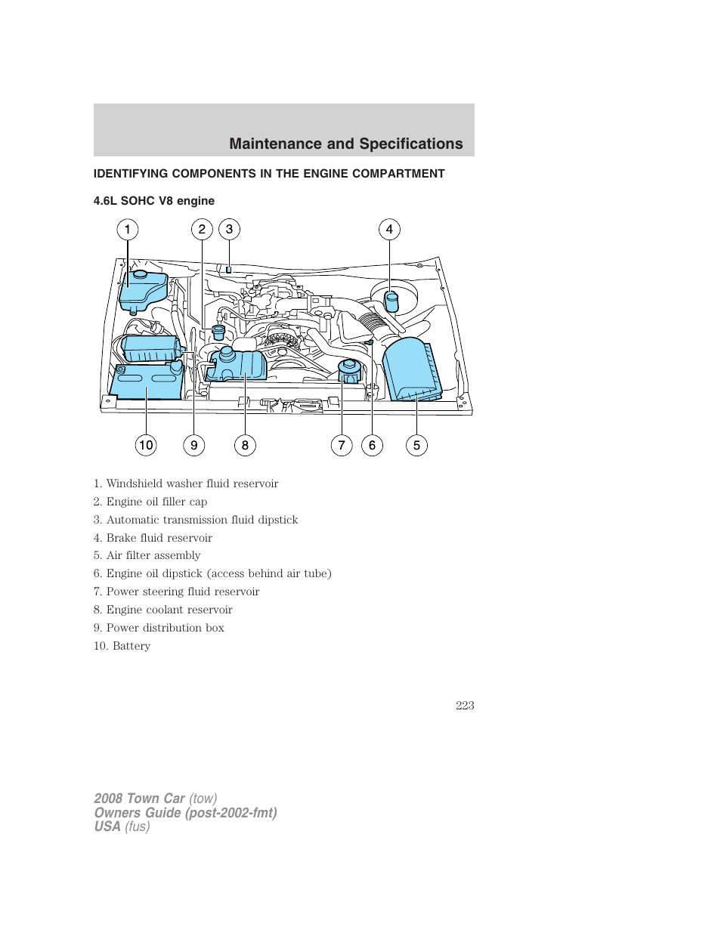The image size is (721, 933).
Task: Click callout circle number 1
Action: coord(128,230)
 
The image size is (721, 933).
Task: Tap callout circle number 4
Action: coord(389,230)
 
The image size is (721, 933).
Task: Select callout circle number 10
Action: coord(146,445)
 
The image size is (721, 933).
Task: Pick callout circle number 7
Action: coord(342,446)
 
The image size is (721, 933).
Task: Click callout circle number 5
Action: coord(416,446)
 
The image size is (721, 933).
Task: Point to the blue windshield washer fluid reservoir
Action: coord(143,289)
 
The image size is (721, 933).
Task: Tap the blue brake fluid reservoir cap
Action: coord(391,301)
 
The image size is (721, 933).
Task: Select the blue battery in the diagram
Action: coord(147,382)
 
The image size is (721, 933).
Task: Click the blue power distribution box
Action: coord(152,349)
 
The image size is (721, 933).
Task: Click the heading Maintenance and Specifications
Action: coord(345,144)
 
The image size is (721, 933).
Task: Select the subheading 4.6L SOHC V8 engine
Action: coord(154,201)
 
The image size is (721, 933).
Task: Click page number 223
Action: coord(465,706)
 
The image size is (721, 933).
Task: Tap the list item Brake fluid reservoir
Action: coord(159,538)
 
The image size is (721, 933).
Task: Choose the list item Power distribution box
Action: coord(165,628)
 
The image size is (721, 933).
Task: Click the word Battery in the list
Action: coord(132,646)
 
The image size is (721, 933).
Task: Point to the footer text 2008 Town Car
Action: coord(139,799)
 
